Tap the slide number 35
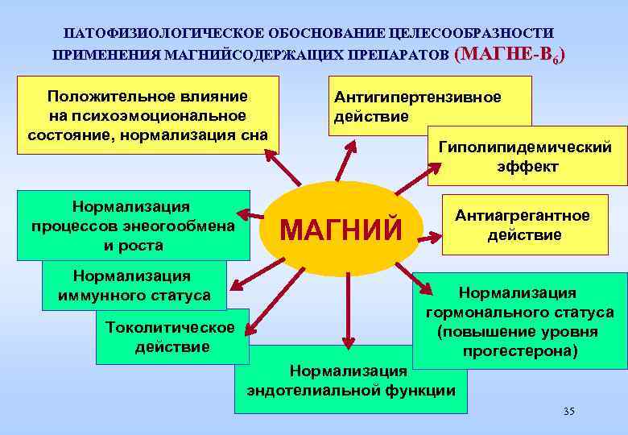click(569, 412)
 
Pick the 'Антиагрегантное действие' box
click(523, 226)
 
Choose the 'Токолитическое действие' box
click(170, 337)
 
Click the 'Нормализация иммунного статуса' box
click(134, 286)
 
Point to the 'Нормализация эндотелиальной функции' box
click(350, 380)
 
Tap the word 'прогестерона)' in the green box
click(520, 351)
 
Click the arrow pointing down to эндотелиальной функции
click(349, 314)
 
